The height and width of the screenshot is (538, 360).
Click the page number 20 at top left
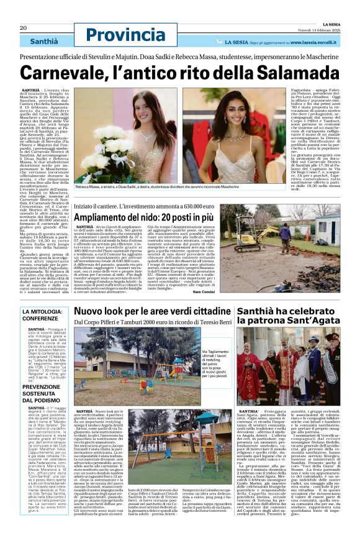point(23,28)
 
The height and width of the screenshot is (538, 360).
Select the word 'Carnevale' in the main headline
point(75,73)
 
